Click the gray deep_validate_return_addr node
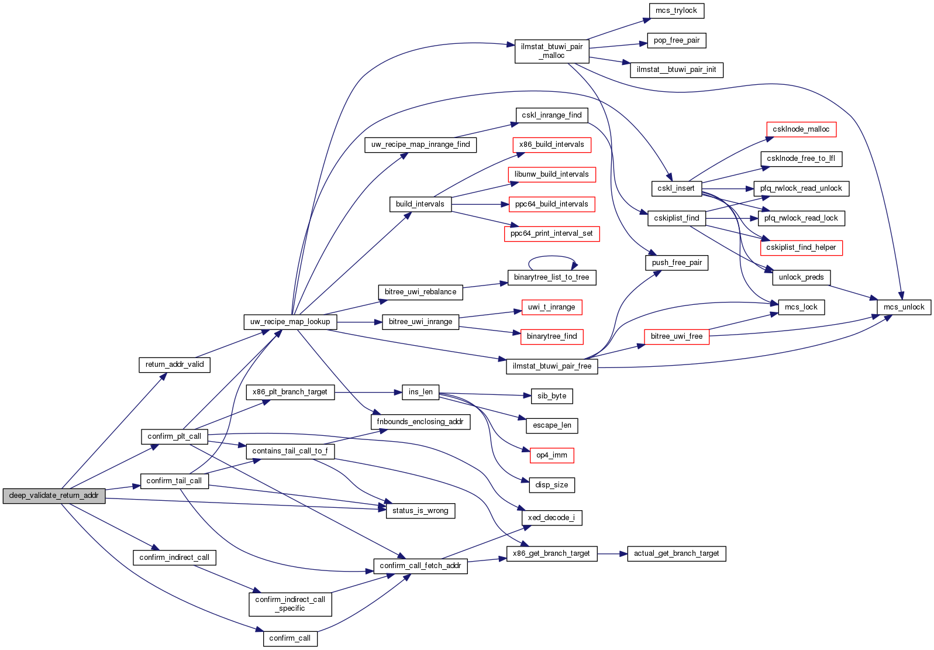54,496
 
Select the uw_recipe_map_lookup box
290,322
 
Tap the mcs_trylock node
676,11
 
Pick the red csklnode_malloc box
801,129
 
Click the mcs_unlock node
904,307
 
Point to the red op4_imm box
552,455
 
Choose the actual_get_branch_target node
676,553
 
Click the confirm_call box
290,638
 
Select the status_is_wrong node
420,511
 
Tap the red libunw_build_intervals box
552,174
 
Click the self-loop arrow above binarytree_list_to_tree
552,257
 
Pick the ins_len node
421,392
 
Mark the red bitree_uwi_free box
676,336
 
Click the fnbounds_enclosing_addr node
420,422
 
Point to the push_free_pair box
677,263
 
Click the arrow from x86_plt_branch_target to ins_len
368,392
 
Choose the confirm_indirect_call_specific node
290,604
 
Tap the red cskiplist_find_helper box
801,247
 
